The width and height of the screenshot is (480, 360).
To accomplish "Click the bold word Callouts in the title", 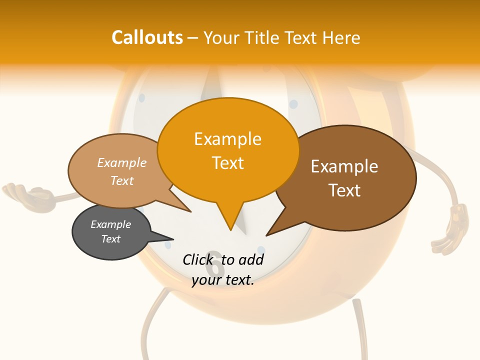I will coord(147,37).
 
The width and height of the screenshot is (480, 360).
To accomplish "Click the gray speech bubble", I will coord(111,232).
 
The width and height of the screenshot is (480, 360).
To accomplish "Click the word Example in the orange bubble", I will coord(227,139).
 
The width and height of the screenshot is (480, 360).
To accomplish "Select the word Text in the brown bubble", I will coord(344,190).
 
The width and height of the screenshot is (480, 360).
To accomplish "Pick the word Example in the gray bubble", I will coord(110,224).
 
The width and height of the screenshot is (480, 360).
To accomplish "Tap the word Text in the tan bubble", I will coord(122,180).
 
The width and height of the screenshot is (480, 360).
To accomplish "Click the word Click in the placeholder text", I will coord(198,259).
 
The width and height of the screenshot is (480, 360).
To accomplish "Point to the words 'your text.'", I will coord(223,280).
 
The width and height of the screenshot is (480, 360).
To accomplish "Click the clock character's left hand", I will coord(22,192).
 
